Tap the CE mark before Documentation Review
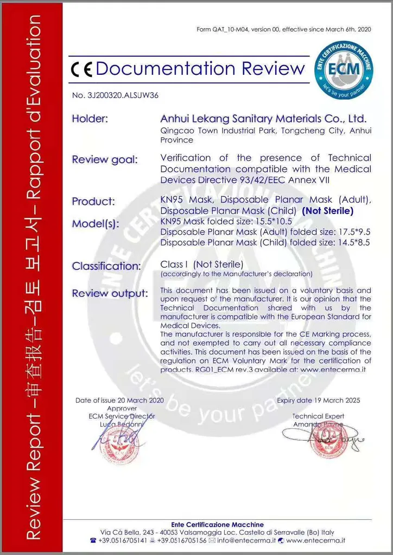81,69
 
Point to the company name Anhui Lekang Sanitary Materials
263,118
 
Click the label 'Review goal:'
105,159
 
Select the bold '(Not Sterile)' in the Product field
327,211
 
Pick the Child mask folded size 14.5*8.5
353,242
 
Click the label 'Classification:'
106,266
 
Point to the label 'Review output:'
110,293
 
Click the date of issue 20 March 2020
138,401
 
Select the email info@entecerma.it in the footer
245,540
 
